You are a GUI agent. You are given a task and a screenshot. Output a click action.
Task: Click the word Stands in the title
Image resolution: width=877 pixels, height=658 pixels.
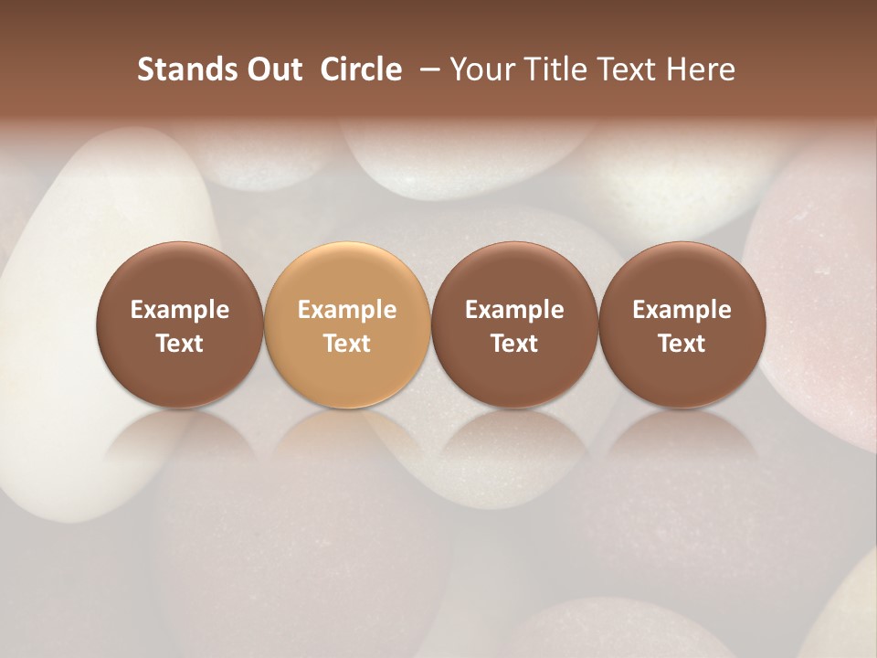tap(186, 69)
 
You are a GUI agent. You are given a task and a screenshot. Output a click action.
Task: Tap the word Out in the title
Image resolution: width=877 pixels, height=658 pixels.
tap(272, 69)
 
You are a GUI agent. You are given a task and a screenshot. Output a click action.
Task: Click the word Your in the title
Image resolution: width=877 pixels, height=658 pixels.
tap(481, 69)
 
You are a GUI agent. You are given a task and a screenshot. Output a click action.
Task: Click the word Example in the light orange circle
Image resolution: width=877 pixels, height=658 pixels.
tap(347, 310)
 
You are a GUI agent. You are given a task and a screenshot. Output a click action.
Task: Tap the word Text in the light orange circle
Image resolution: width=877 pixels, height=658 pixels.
tap(347, 344)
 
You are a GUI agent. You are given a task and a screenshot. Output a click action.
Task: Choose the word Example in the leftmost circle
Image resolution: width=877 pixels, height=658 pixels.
tap(180, 310)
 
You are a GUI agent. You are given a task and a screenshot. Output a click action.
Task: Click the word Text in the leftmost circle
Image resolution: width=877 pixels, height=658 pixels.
tap(180, 344)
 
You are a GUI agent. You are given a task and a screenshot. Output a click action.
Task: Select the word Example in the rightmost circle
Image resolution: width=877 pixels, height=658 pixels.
tap(682, 310)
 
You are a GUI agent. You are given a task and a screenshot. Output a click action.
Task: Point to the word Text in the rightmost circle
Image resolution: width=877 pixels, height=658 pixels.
tap(682, 344)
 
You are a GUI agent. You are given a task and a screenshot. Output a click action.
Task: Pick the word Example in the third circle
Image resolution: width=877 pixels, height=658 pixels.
tap(514, 310)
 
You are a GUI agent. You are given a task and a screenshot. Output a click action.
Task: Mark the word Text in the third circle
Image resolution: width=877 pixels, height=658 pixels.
tap(514, 344)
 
